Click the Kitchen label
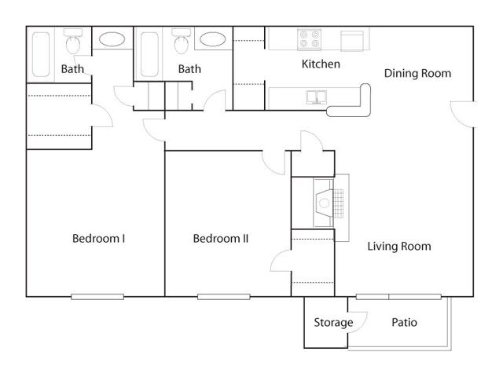321,64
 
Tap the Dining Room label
417,73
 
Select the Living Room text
399,246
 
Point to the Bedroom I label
98,239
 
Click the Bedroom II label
221,239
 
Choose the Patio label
404,322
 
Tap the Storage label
333,323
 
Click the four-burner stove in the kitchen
309,39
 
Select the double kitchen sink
316,97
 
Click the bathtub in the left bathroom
41,54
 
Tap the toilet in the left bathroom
73,42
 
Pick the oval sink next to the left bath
112,39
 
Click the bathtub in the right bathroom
149,54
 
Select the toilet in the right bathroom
182,42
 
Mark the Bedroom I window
97,297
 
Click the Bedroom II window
224,297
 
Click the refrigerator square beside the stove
352,41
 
